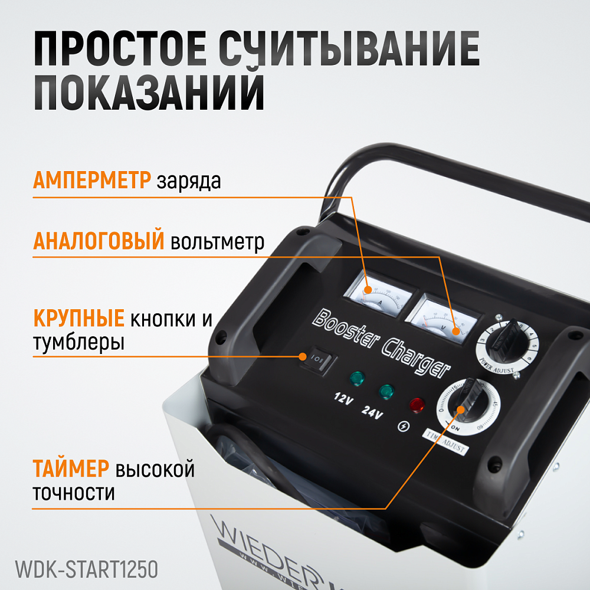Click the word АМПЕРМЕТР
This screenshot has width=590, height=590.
click(91, 180)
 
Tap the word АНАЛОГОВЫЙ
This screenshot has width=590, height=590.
click(98, 241)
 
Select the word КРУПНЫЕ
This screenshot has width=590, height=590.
click(78, 319)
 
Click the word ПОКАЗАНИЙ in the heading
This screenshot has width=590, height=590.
click(148, 90)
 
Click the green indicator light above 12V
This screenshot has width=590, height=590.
click(356, 378)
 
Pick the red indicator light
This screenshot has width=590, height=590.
click(417, 405)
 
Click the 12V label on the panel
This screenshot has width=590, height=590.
click(343, 399)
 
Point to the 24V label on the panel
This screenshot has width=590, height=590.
click(373, 412)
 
